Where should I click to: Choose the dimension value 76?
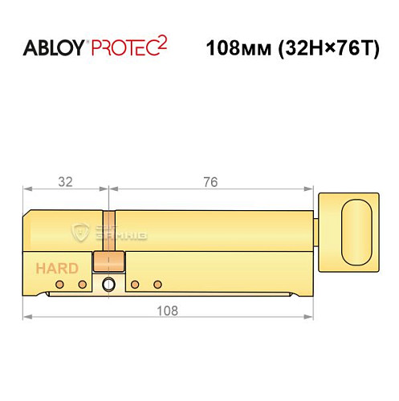click(x=210, y=182)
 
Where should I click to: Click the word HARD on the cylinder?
click(x=56, y=268)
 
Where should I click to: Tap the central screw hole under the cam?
click(x=108, y=284)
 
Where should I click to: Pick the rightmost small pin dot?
click(x=158, y=284)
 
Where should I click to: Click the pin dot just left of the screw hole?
click(x=81, y=284)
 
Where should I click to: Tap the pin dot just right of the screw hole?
click(x=135, y=284)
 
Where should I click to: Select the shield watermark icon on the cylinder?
click(x=80, y=233)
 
